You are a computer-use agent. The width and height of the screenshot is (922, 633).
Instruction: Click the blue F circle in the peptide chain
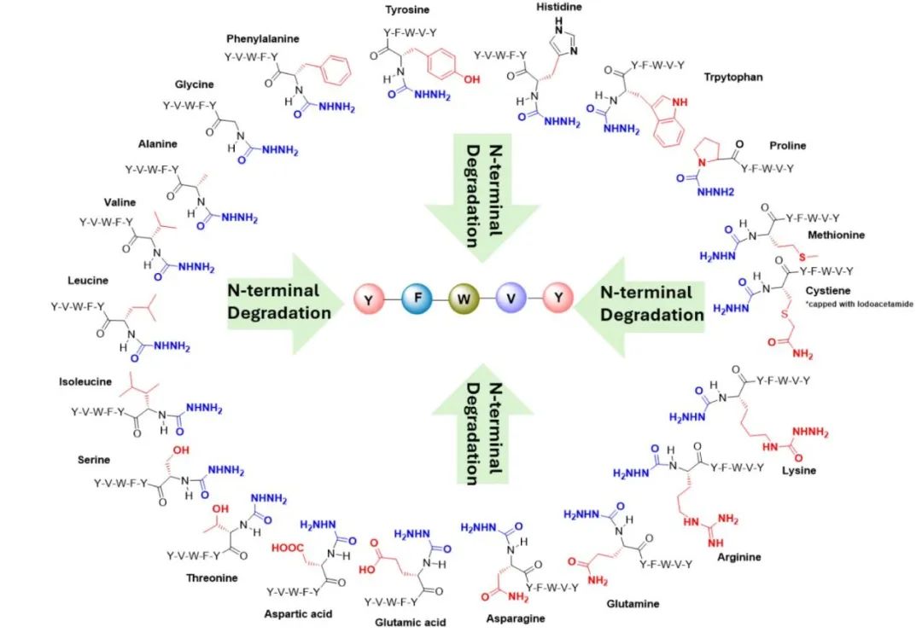[419, 299]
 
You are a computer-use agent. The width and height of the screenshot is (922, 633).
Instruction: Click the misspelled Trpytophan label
[733, 77]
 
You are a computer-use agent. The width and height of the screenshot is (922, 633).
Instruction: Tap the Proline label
[786, 146]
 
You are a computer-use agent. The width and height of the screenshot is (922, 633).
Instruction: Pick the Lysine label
[799, 470]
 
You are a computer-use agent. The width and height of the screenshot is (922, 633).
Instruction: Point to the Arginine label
[740, 557]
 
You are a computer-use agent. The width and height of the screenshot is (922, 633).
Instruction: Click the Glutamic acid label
[411, 622]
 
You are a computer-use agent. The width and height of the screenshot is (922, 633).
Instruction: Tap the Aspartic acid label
[299, 613]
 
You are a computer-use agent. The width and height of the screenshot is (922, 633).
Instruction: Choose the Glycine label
[195, 84]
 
